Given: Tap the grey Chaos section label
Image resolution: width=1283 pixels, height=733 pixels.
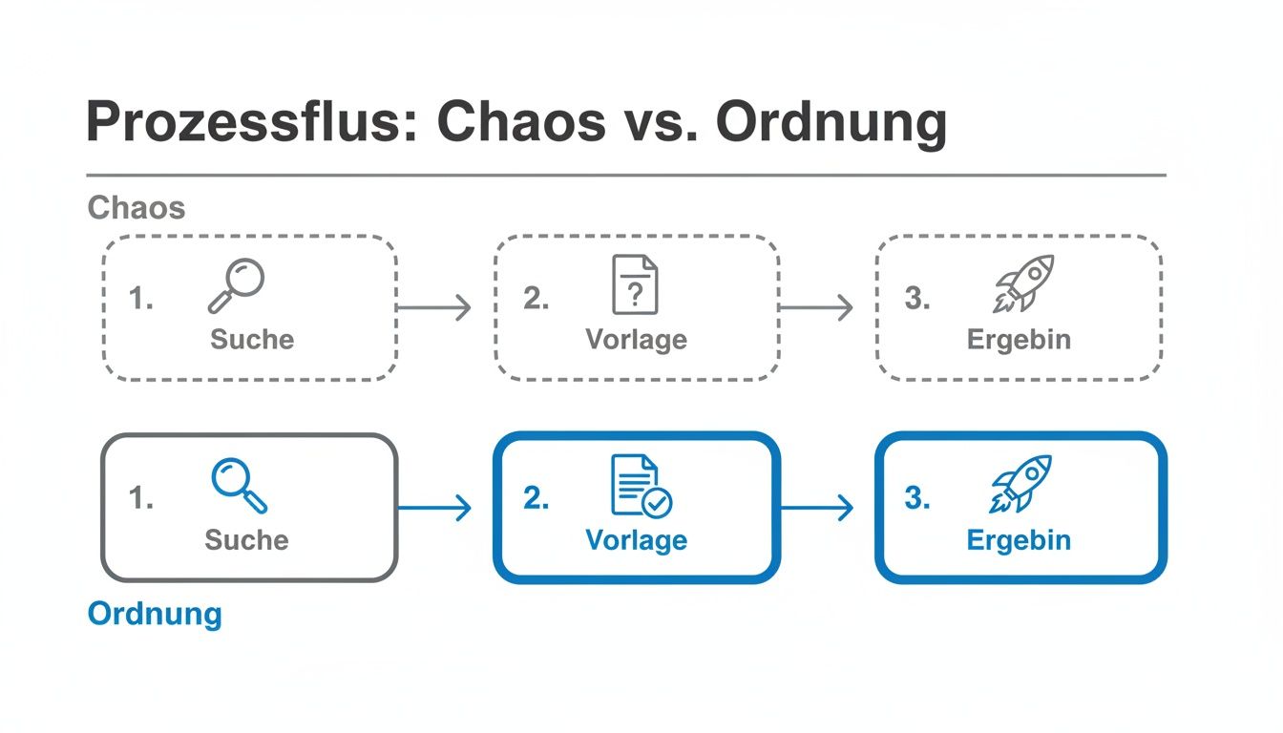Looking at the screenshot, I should (x=136, y=207).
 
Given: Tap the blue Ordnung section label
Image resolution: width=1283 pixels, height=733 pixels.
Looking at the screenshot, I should (x=154, y=613).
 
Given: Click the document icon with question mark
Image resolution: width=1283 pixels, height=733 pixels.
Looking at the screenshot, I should (x=635, y=284).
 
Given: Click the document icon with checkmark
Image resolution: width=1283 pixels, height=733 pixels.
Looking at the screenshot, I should (x=640, y=486).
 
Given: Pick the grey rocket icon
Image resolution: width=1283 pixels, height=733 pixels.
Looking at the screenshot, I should (x=1023, y=283).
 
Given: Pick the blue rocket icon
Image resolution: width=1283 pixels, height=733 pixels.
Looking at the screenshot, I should (x=1020, y=484).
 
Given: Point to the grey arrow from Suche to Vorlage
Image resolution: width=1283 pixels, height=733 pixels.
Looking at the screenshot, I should (x=434, y=307).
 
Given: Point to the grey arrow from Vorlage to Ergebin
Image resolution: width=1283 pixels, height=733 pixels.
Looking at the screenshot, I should (x=816, y=307).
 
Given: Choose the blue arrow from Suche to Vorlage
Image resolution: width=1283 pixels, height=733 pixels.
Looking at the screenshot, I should (x=434, y=508).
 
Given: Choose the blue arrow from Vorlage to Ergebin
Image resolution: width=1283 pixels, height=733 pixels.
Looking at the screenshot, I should (x=816, y=508).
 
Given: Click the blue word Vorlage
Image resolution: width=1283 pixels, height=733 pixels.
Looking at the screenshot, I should (x=636, y=540).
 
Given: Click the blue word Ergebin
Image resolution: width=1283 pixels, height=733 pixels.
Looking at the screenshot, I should (x=1019, y=540).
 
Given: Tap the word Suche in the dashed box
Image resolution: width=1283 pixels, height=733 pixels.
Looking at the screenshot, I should (x=252, y=340).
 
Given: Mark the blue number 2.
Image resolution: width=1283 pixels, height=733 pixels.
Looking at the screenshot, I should (x=536, y=498).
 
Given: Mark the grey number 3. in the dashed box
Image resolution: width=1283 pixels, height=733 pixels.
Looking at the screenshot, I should (x=916, y=299).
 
